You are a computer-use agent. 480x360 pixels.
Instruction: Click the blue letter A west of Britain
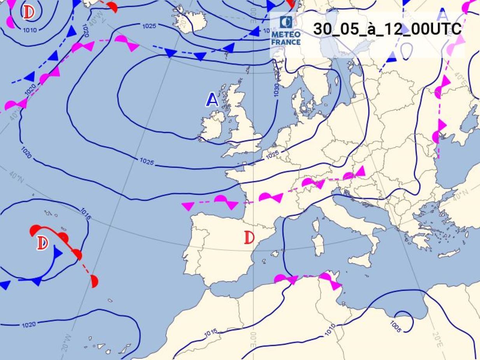[212, 100]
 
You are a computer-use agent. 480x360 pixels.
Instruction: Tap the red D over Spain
[249, 237]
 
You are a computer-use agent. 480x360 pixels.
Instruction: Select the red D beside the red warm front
[42, 243]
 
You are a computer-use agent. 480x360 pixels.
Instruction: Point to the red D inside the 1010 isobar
[28, 12]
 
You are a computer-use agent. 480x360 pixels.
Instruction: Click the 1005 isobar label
[394, 326]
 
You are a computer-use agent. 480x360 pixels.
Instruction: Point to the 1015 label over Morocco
[210, 333]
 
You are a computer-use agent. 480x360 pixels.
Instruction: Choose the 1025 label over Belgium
[272, 155]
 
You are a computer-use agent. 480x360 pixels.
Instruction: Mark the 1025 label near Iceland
[149, 26]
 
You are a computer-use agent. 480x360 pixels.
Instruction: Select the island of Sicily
[360, 259]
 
